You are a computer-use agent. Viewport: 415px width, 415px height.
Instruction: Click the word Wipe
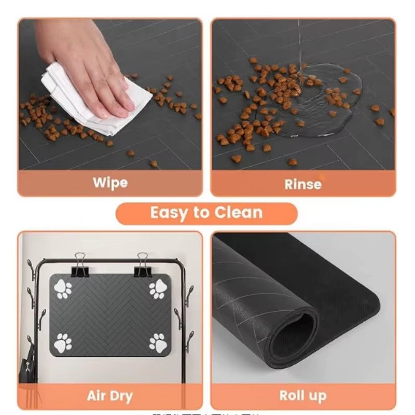pos(110,183)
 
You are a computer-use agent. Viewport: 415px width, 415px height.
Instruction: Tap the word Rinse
pos(303,184)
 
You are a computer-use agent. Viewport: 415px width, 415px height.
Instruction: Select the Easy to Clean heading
pos(206,213)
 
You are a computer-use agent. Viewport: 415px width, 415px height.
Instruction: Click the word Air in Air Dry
pos(97,396)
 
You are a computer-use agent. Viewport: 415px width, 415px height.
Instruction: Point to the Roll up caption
pos(303,396)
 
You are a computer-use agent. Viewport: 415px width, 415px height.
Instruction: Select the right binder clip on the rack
pos(143,265)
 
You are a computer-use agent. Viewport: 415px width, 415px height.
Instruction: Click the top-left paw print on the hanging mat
pos(63,289)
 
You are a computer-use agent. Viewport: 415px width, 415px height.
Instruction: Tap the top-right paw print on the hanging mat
pos(158,289)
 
